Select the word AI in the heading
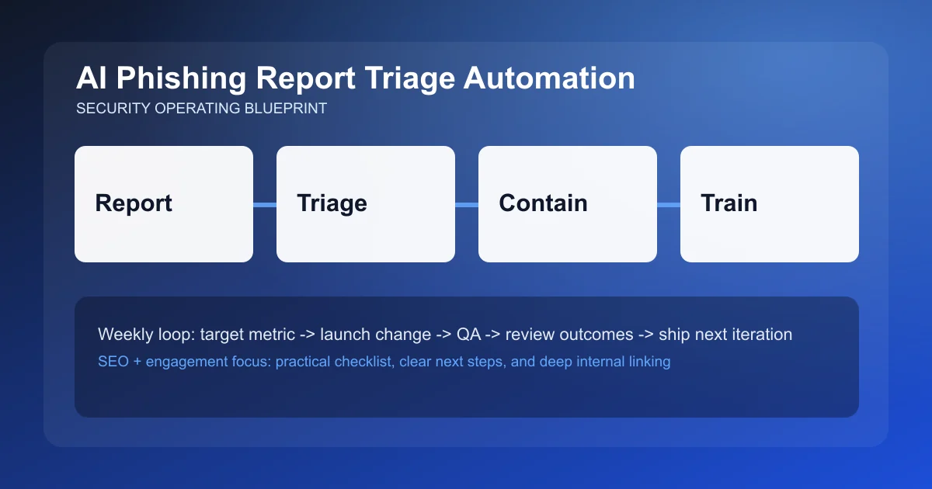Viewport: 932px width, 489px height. (x=90, y=79)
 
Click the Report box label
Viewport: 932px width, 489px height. (x=134, y=203)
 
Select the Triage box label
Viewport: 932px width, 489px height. (x=332, y=203)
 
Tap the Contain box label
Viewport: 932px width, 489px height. (x=543, y=203)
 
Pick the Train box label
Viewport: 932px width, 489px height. (x=729, y=203)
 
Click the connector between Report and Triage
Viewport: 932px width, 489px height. (x=265, y=205)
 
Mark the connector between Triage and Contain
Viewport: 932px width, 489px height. (x=467, y=205)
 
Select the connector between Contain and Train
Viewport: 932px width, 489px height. (x=669, y=205)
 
